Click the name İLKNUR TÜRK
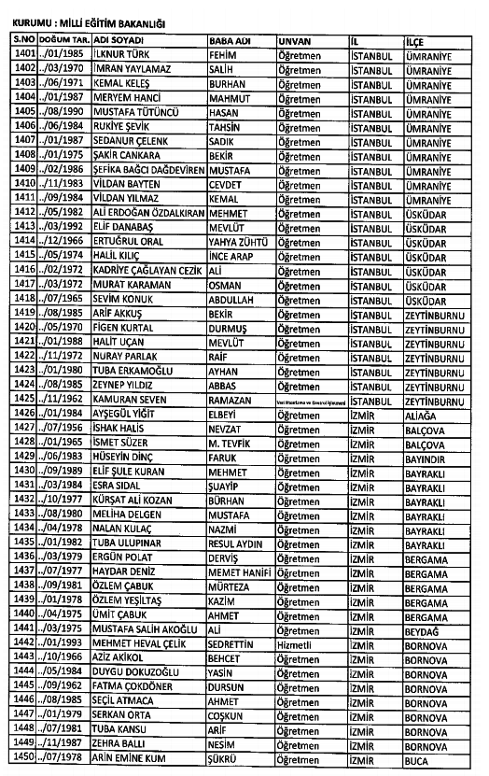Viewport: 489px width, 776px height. tap(122, 56)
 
